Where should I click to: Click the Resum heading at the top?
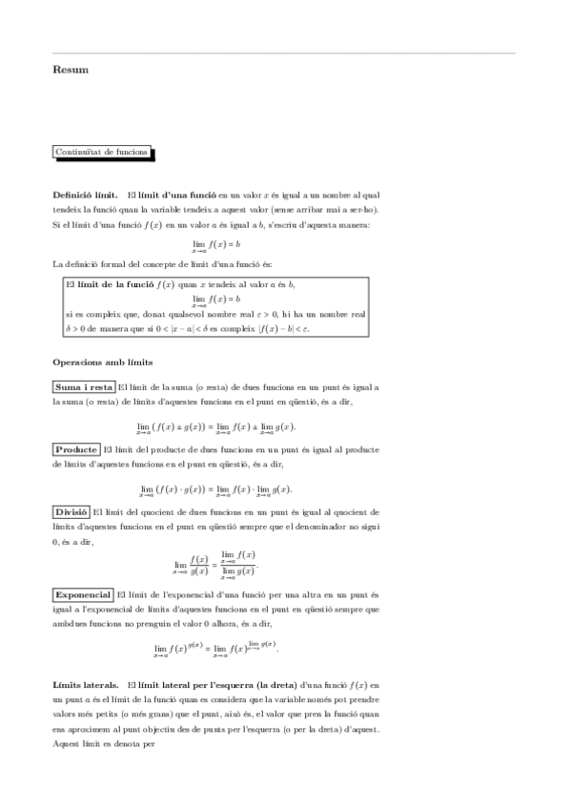coord(71,69)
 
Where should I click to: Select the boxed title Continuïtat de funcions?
coord(101,151)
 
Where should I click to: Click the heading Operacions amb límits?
coord(101,363)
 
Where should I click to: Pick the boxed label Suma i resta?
coord(84,387)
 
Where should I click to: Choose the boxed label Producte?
coord(76,448)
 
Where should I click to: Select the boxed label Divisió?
coord(71,511)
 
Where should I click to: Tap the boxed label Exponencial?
coord(83,594)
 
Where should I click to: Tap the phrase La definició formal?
coord(97,263)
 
